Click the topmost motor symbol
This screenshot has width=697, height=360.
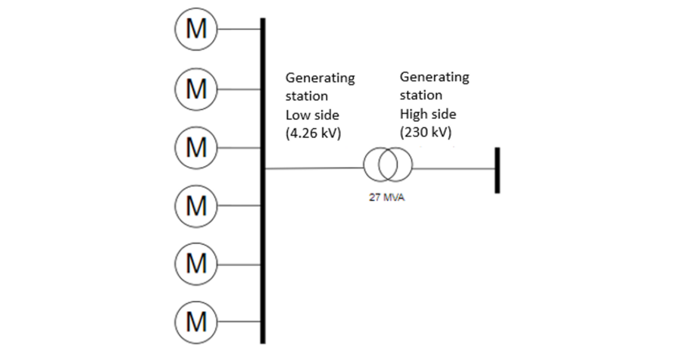coord(196,30)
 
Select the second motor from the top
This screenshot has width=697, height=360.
coord(196,88)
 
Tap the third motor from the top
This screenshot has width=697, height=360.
coord(196,146)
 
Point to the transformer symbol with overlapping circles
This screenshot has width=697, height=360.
coord(388,166)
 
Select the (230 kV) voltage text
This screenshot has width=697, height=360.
coord(428,132)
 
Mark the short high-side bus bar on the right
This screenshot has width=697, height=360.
coord(498,171)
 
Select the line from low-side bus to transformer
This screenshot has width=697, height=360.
coord(314,167)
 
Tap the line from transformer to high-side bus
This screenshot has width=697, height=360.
coord(453,167)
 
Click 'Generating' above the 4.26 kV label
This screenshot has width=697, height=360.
coord(320,78)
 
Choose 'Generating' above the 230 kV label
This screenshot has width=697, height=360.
coord(434,77)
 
